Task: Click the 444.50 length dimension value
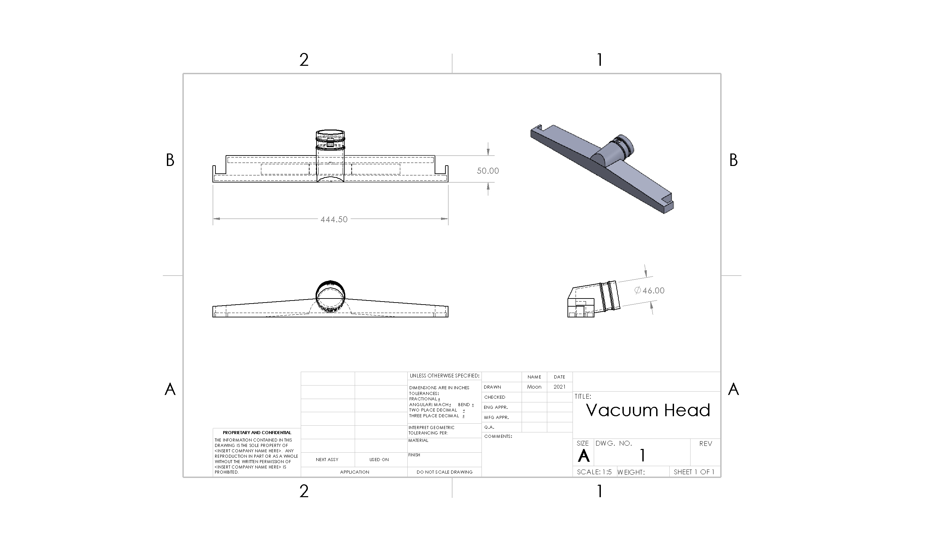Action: [334, 219]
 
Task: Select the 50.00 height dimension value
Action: [487, 171]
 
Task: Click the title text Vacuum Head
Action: [648, 410]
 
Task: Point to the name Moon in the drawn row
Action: [534, 387]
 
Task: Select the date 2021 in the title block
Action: [559, 387]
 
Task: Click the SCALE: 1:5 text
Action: [594, 472]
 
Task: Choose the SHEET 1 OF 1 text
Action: [694, 472]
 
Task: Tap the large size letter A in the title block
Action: [584, 456]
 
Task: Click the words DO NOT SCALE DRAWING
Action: [444, 472]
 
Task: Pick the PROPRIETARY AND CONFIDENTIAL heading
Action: [257, 432]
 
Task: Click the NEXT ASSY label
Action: [327, 459]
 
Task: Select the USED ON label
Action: [379, 459]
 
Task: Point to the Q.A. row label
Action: [489, 427]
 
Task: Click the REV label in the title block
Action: [705, 444]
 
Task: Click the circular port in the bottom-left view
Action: [330, 295]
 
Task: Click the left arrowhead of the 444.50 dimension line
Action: [216, 219]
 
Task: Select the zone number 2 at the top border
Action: [304, 60]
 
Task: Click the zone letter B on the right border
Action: [733, 160]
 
